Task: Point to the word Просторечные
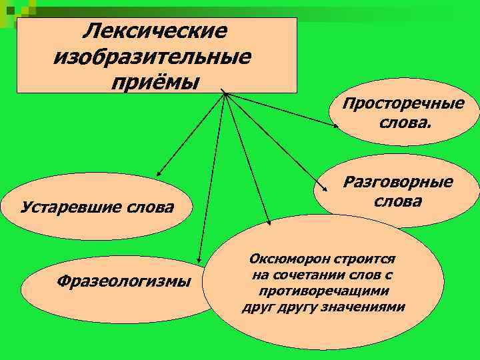[x=404, y=105]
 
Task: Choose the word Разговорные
[x=398, y=182]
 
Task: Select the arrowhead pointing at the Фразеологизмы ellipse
[x=199, y=260]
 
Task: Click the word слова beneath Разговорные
[x=398, y=201]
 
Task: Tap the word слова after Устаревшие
[x=150, y=207]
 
